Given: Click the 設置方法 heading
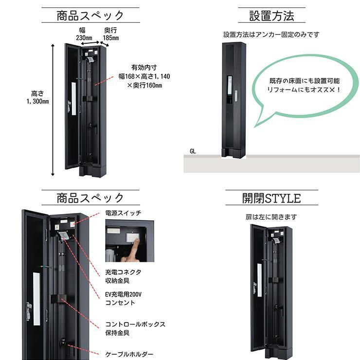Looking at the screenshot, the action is coord(271,16).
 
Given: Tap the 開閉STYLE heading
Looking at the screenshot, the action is coord(271,198).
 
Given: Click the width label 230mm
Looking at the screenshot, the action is coord(84,38).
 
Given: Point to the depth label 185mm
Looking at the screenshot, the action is coord(110,38).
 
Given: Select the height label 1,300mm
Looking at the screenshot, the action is coord(37,101).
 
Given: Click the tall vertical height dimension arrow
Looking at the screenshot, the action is coord(53,110).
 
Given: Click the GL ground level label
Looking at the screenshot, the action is coord(193,151).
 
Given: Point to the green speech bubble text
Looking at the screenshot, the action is coord(304,85).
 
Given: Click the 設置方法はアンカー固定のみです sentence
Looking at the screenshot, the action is coord(271,35).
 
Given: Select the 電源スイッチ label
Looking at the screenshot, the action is coord(123,213).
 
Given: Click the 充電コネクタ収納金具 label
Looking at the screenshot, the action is coord(123,276).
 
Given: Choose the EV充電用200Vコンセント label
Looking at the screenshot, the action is coord(123,299).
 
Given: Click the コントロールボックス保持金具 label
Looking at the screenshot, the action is coord(135,328).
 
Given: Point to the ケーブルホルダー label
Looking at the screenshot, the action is coord(129,354).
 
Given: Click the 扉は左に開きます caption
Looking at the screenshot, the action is coord(271,217).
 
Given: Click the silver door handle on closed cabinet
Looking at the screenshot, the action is coord(236,96).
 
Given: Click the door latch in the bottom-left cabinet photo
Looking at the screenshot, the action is coord(29,311).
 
